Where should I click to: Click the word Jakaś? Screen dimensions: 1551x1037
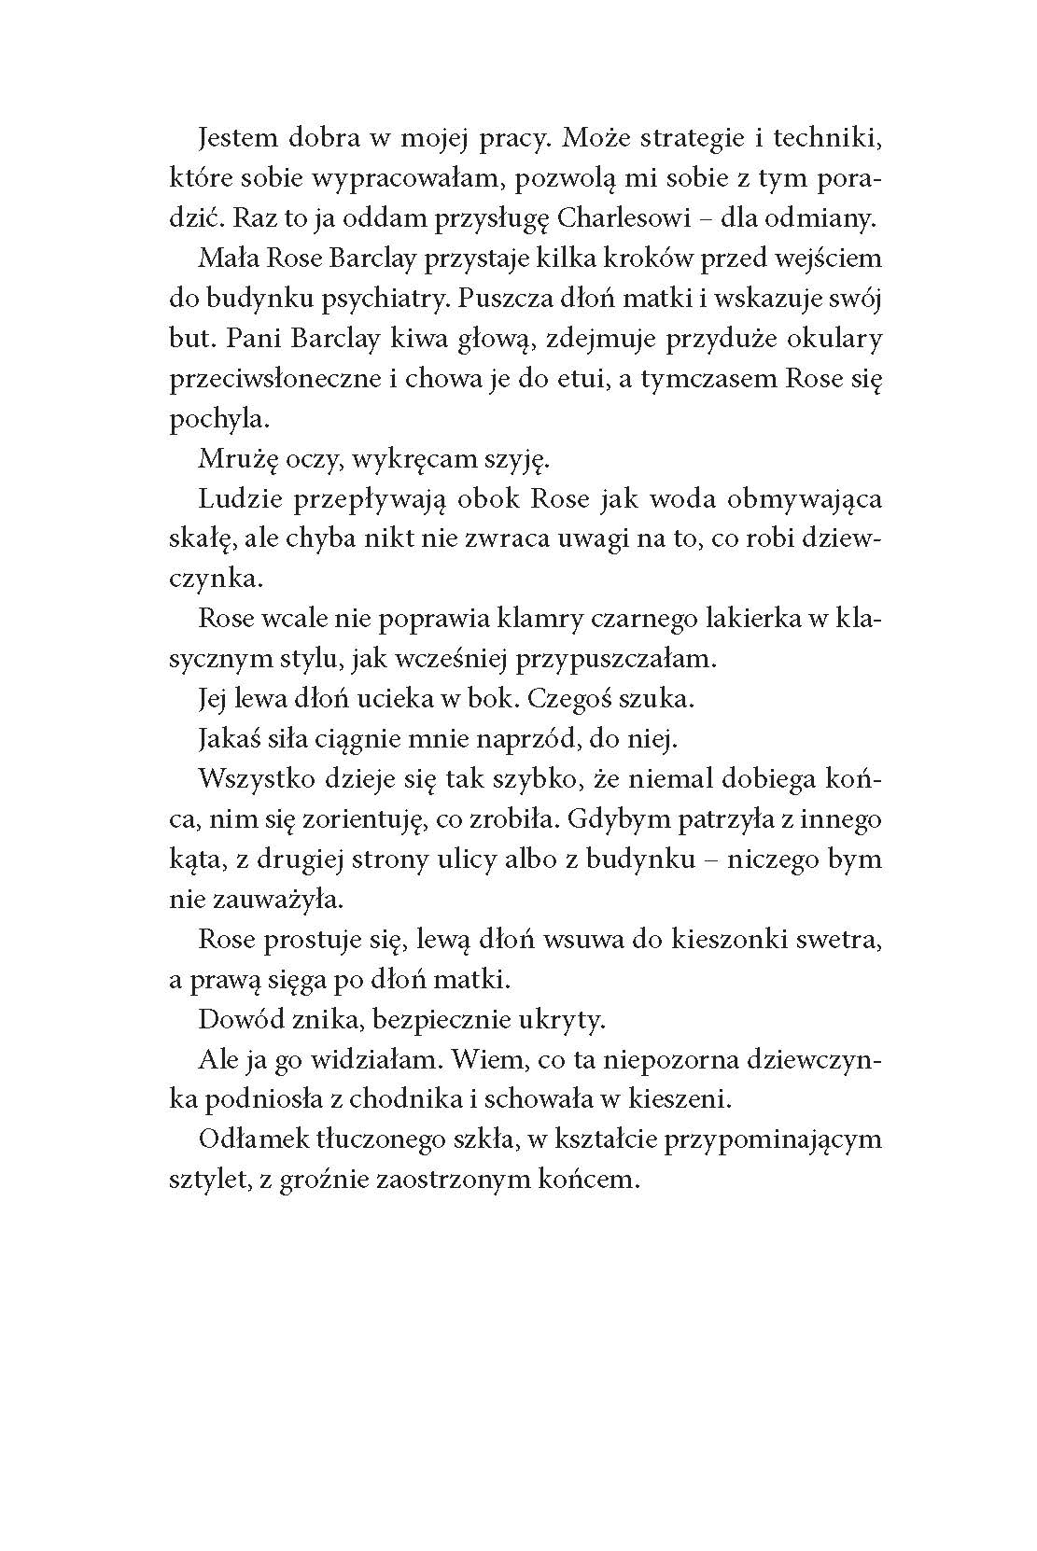coord(229,738)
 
